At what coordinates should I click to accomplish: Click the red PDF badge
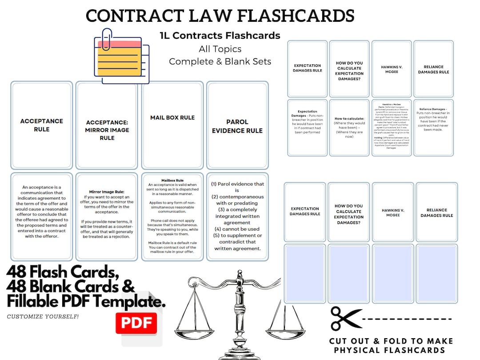tap(136, 323)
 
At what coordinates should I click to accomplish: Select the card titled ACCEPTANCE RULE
tap(42, 125)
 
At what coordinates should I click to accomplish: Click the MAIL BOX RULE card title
tap(172, 117)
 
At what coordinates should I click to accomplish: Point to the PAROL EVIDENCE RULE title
tap(237, 126)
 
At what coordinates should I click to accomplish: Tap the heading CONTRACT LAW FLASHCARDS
tap(220, 16)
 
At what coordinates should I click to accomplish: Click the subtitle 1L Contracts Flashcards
tap(220, 36)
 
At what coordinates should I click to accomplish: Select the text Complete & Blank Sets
tap(220, 61)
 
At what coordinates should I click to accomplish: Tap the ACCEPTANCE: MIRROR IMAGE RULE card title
tap(107, 130)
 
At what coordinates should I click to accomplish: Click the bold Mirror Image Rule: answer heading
tap(107, 192)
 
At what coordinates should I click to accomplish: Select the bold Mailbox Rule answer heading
tap(172, 181)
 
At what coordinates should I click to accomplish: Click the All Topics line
tap(220, 48)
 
